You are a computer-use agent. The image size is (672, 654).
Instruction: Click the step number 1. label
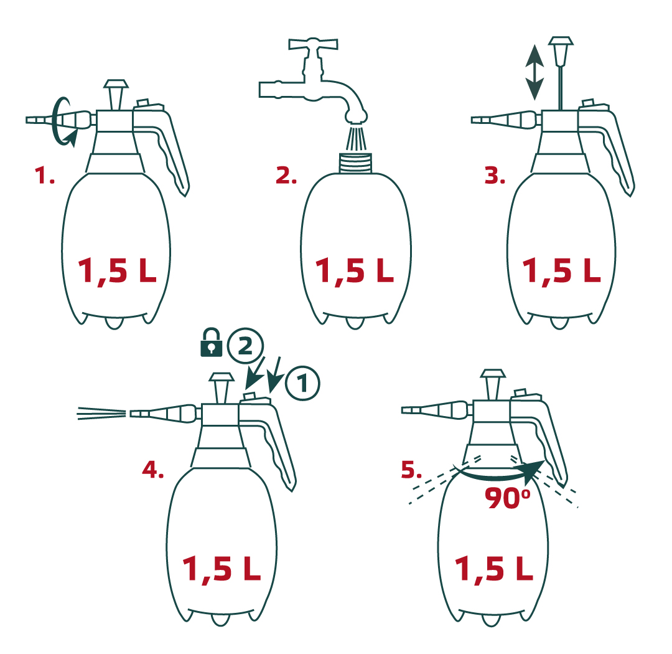click(45, 176)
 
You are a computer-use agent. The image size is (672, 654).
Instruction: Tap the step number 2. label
click(286, 176)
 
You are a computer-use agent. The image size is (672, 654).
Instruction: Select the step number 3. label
click(495, 176)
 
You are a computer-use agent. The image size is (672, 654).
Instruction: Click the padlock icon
click(212, 343)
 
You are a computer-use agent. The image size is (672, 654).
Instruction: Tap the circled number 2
click(245, 346)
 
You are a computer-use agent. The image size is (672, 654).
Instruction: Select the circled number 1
click(302, 383)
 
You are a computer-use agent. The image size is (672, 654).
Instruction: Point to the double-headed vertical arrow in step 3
click(534, 72)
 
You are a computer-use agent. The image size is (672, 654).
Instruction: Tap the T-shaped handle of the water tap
click(313, 44)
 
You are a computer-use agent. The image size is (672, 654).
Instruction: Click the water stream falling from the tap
click(356, 138)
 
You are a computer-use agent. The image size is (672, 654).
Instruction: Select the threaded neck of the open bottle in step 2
click(356, 163)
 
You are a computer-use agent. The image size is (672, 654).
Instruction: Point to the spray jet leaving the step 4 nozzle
click(101, 414)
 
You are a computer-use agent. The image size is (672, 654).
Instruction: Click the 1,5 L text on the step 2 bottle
click(355, 271)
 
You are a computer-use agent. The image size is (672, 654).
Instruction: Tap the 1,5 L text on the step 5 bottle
click(493, 569)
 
